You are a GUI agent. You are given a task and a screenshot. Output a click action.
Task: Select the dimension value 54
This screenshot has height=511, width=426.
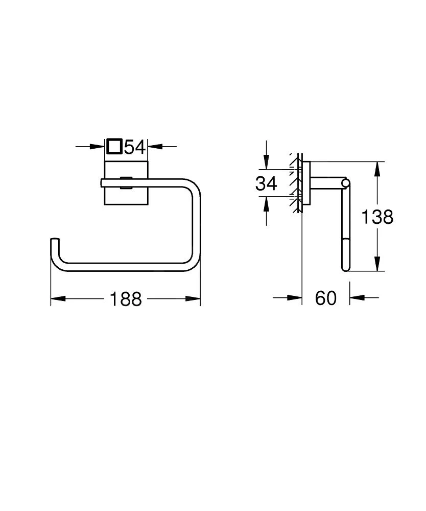[135, 147]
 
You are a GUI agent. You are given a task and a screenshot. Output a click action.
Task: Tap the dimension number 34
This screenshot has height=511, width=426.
[266, 183]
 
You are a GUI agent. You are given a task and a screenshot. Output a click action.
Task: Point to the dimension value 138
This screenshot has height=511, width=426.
[377, 217]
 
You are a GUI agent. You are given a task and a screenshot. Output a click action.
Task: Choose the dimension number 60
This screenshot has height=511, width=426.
[326, 298]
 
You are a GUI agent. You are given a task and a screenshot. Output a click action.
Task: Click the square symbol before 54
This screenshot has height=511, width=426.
[114, 147]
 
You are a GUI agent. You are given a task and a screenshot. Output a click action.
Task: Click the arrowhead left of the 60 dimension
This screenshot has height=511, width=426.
[295, 297]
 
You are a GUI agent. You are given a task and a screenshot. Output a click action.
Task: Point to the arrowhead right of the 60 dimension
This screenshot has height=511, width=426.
[356, 297]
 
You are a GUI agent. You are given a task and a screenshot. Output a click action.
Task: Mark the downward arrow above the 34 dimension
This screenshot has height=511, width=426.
[266, 162]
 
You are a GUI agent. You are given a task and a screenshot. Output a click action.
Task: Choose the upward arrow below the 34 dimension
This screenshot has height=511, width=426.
[266, 204]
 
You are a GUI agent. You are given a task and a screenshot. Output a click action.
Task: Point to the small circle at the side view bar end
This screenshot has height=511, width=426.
[346, 182]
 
